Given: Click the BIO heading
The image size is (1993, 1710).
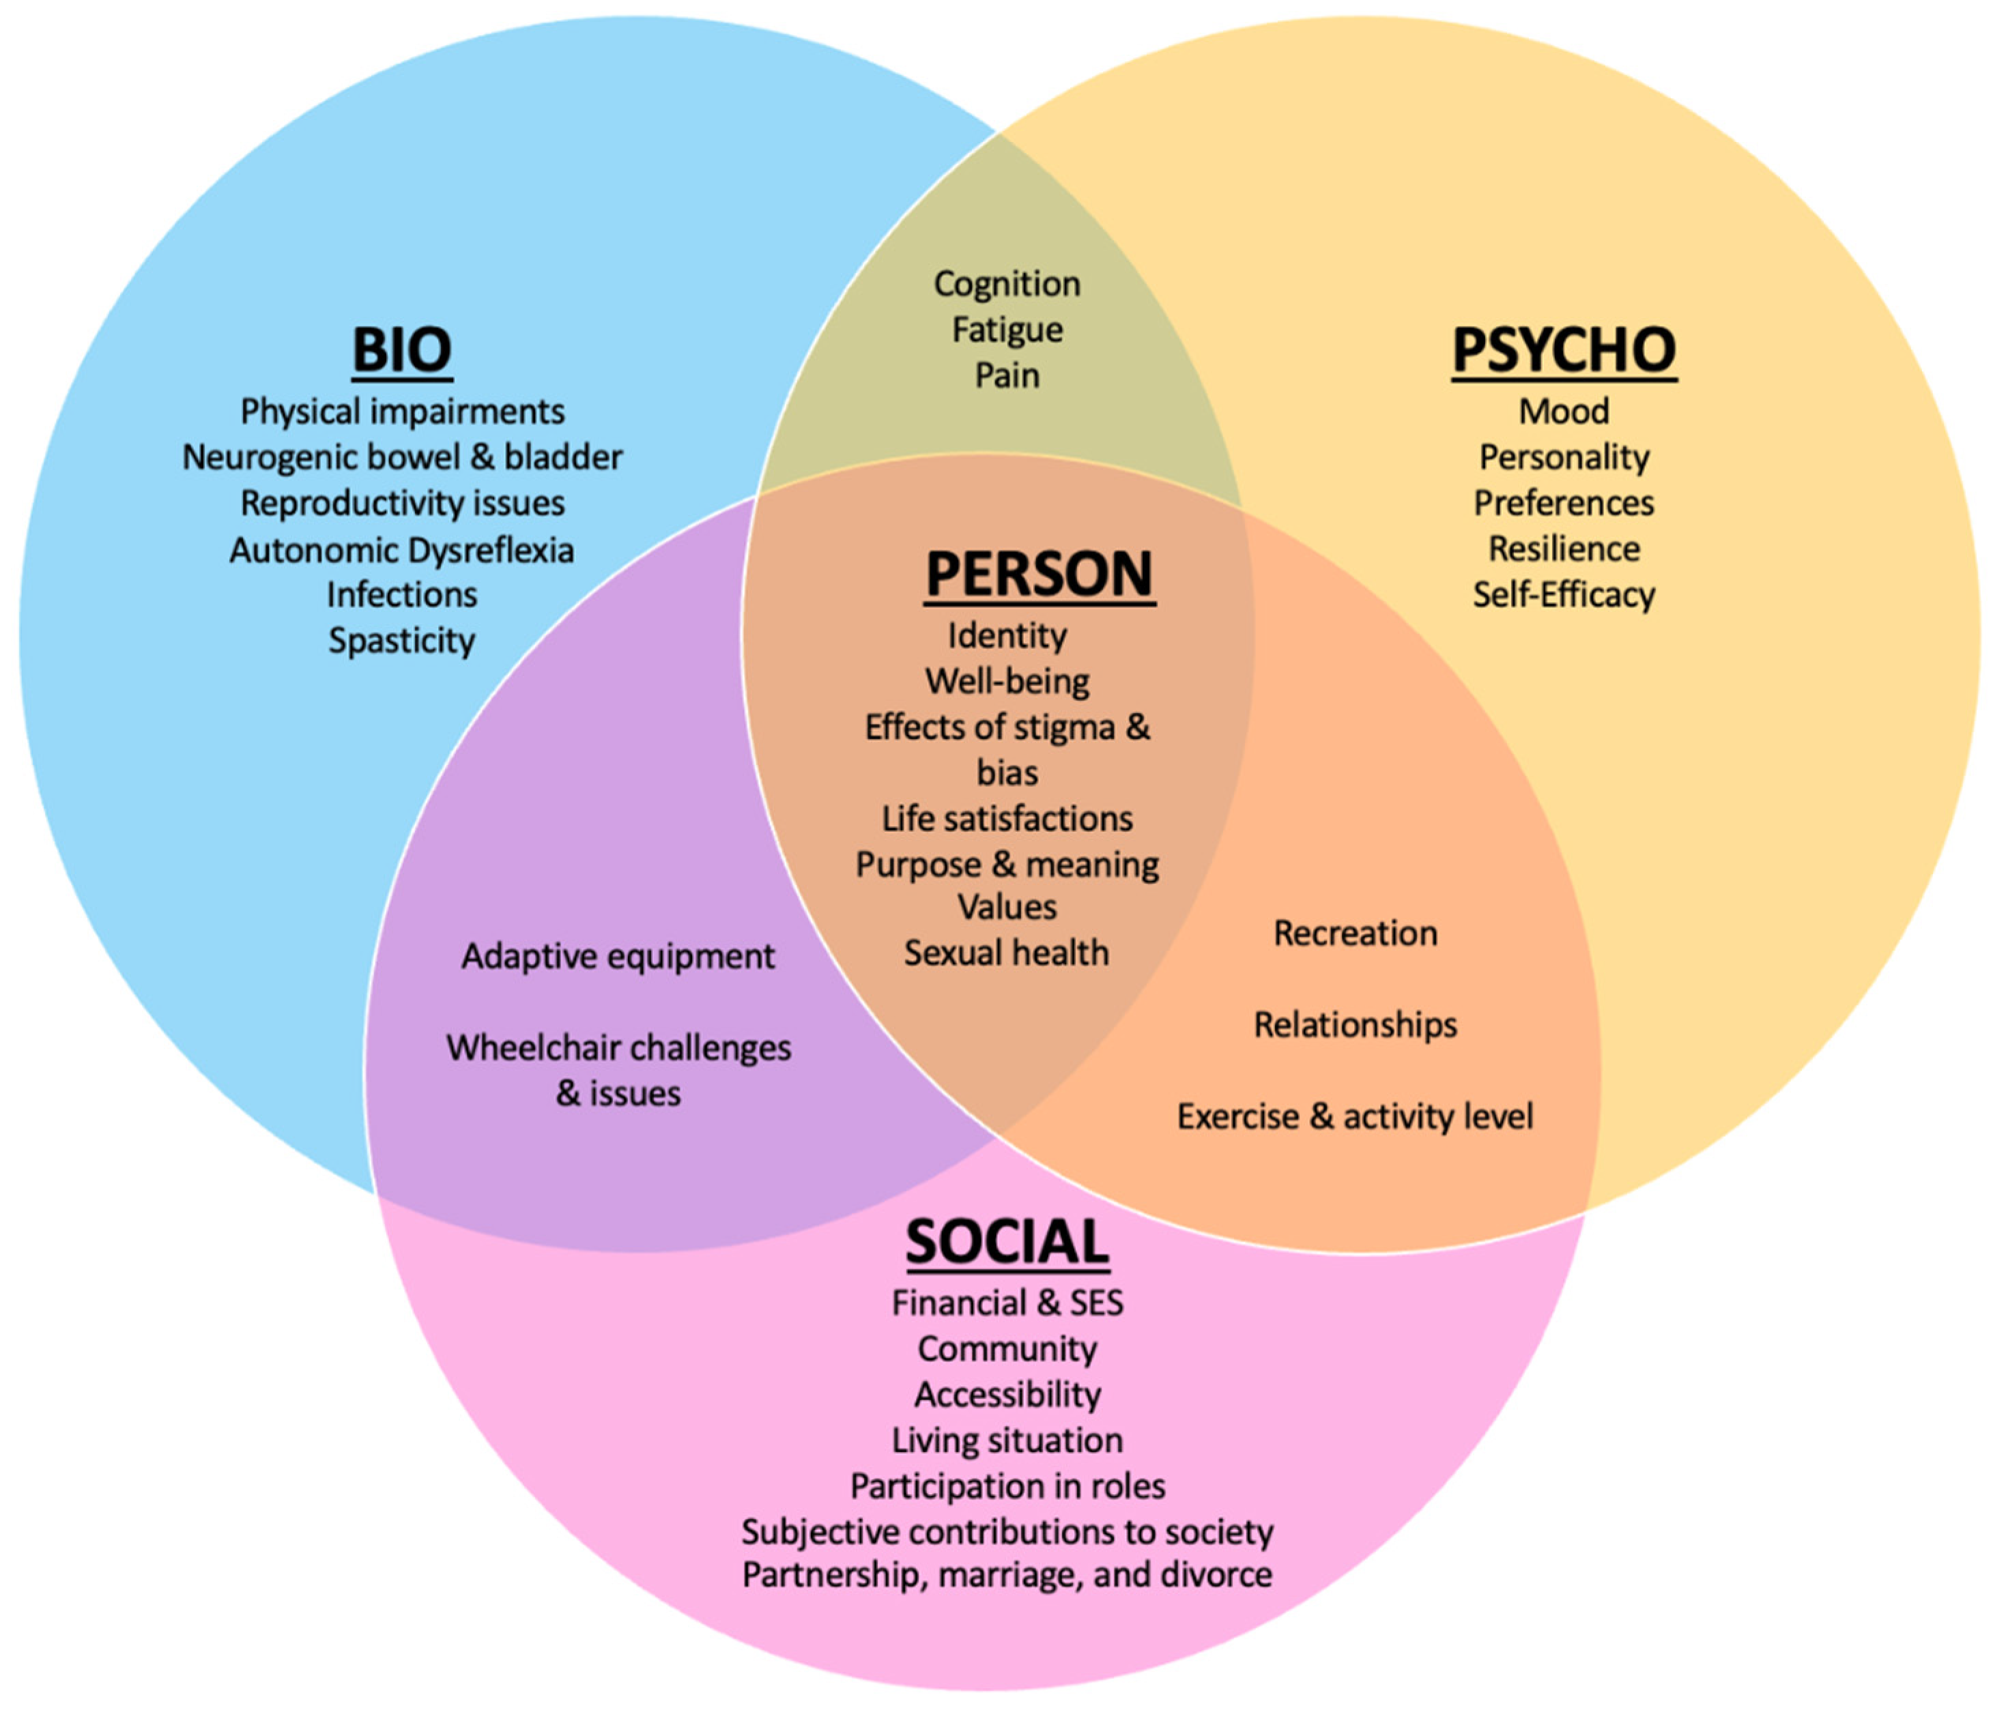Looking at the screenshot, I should pyautogui.click(x=402, y=349).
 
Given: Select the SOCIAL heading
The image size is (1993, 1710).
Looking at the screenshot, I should pyautogui.click(x=1007, y=1242).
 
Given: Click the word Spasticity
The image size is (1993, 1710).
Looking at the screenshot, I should pyautogui.click(x=402, y=641).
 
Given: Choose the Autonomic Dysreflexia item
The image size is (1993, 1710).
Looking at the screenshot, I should pyautogui.click(x=402, y=550).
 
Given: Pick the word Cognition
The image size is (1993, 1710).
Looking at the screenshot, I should pyautogui.click(x=1007, y=284).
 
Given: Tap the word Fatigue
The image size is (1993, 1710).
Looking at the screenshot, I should pyautogui.click(x=1007, y=330).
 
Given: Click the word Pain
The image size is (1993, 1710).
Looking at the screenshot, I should pyautogui.click(x=1007, y=375).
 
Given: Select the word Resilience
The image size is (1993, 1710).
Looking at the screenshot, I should pyautogui.click(x=1564, y=549).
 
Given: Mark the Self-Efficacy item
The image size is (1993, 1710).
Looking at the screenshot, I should pyautogui.click(x=1564, y=594).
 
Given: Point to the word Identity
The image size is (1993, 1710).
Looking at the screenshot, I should pyautogui.click(x=1007, y=636).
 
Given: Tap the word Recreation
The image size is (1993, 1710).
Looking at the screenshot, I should pyautogui.click(x=1356, y=933).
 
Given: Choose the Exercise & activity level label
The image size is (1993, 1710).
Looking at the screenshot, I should pyautogui.click(x=1356, y=1116).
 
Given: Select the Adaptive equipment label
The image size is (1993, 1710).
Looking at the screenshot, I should pyautogui.click(x=618, y=956).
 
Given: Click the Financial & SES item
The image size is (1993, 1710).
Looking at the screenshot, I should pyautogui.click(x=1007, y=1303).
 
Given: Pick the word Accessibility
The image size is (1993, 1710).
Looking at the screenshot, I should pyautogui.click(x=1007, y=1395).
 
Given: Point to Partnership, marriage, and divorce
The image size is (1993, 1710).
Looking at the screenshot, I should pyautogui.click(x=1007, y=1574).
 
